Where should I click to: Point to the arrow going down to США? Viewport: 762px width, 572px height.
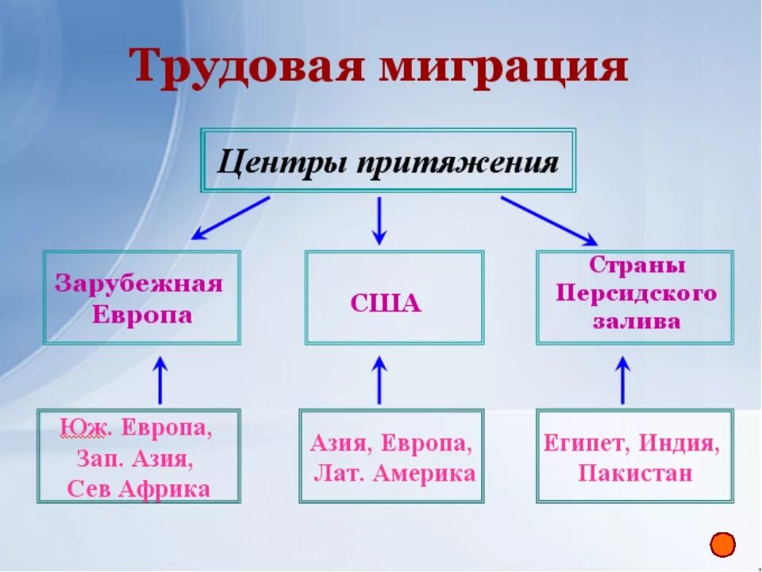379,220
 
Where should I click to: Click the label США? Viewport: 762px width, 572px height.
385,304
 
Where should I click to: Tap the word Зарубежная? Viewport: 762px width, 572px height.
139,284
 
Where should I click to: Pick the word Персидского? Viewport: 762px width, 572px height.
636,293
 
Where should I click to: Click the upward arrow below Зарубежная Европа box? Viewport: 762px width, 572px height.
161,380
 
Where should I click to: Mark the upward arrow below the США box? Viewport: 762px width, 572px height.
379,380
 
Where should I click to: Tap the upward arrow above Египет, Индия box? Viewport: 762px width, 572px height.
622,380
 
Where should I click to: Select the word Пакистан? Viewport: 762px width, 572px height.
635,473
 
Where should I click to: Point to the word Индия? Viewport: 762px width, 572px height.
682,443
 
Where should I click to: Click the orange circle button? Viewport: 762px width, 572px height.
722,544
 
